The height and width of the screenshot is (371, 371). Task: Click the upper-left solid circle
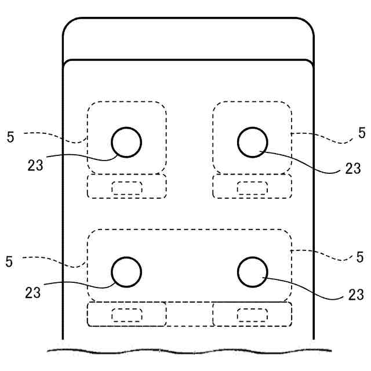(x=126, y=142)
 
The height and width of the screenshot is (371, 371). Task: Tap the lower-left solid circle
(x=126, y=272)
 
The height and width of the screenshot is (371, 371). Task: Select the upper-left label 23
(x=35, y=165)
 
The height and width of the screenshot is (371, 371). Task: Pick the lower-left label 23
(x=33, y=292)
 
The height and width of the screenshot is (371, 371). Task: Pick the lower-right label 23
(x=356, y=295)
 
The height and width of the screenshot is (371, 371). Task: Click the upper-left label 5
(x=10, y=137)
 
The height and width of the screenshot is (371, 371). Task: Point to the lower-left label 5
(x=9, y=261)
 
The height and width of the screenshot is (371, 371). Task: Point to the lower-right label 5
(x=360, y=257)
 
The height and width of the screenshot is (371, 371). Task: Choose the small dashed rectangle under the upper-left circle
(x=126, y=187)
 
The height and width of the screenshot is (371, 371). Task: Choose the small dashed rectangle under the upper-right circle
(x=253, y=187)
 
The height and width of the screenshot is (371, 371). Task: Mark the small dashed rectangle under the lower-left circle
(x=126, y=315)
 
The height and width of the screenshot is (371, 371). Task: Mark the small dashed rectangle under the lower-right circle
(x=252, y=315)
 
